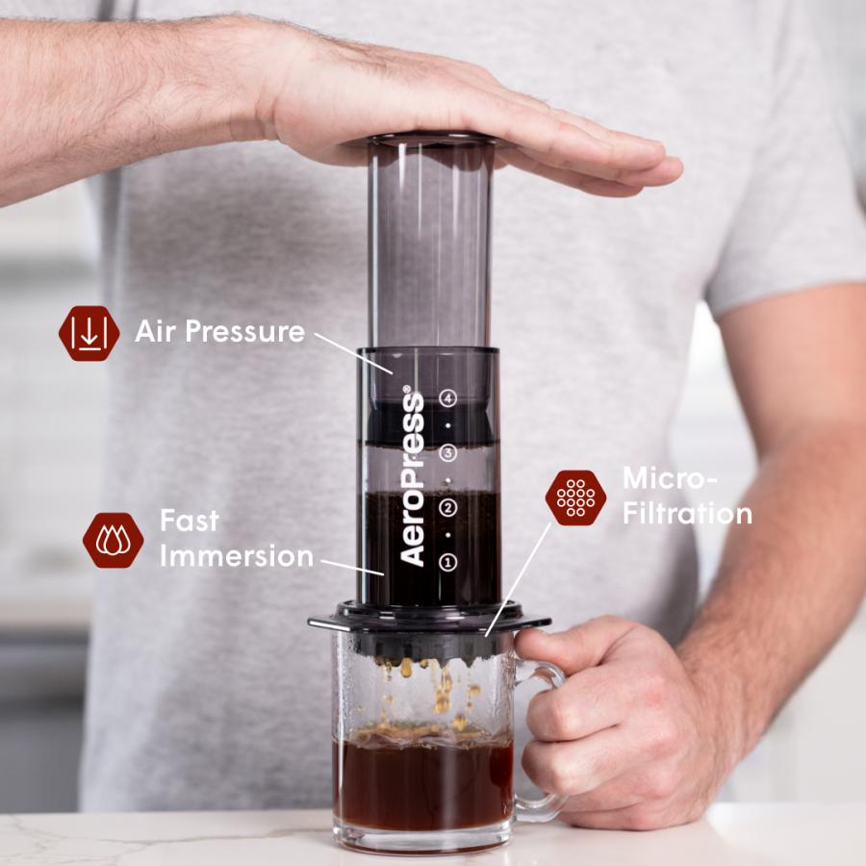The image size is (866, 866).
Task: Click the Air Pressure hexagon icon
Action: pos(89,333)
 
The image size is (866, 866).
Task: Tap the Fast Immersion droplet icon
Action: pos(114,540)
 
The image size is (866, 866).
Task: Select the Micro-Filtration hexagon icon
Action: pos(575,497)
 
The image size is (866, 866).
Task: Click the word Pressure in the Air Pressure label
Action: pos(245,333)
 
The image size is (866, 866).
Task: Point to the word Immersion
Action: pos(237,556)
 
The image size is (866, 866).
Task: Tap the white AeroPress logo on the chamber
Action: pos(412,477)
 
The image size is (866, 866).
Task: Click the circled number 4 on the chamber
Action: pos(447,396)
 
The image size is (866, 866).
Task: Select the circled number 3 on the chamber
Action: pos(447,451)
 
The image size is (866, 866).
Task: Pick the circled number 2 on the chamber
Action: pos(447,507)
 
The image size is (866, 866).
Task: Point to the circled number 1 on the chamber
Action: pos(447,562)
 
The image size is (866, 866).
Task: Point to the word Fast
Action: pos(190,522)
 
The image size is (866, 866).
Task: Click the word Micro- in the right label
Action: pos(664,478)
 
